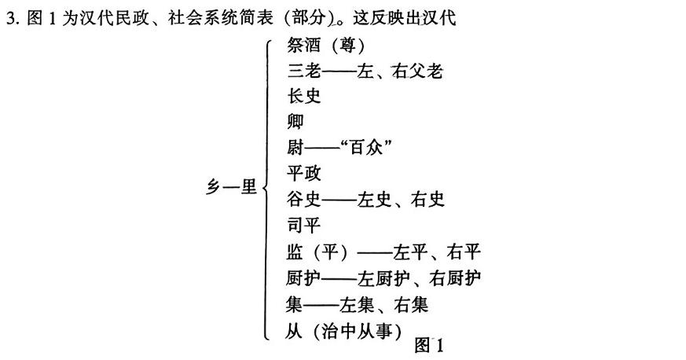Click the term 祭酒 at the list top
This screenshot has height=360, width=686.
click(x=303, y=45)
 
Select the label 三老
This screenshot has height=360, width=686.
click(x=303, y=71)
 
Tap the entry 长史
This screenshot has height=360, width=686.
click(x=303, y=96)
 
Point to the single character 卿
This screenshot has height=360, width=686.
click(x=295, y=122)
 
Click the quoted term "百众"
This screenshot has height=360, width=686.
click(x=365, y=148)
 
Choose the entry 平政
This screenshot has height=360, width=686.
click(x=303, y=173)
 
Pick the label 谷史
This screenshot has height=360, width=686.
click(x=303, y=200)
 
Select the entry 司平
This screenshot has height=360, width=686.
click(x=303, y=226)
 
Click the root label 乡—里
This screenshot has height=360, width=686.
click(x=231, y=187)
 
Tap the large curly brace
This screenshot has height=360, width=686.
click(x=266, y=189)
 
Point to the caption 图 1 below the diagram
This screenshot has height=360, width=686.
click(x=429, y=346)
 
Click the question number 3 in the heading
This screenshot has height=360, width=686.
click(x=10, y=18)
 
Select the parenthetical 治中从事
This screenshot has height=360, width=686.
click(x=356, y=331)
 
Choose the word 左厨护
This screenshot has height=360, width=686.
click(x=383, y=278)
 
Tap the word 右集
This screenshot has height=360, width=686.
click(x=410, y=305)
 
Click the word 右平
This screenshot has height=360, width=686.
click(x=464, y=252)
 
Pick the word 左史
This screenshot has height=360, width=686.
click(x=374, y=200)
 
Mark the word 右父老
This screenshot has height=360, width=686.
click(x=417, y=71)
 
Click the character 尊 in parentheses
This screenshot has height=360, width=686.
click(x=348, y=45)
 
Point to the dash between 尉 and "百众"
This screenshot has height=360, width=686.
click(x=321, y=148)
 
